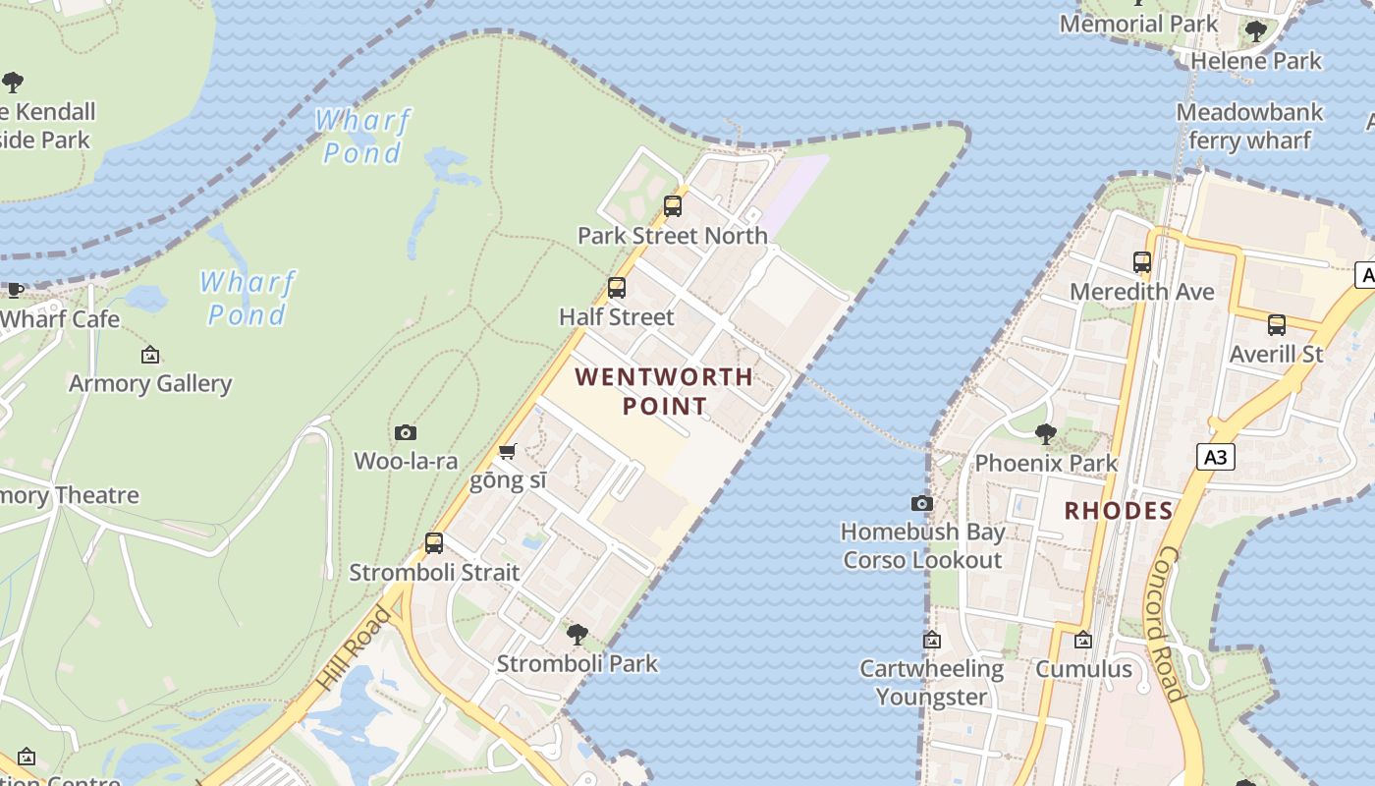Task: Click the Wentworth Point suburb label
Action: pyautogui.click(x=664, y=391)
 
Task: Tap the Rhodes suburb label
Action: pyautogui.click(x=1119, y=511)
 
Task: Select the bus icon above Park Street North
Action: pyautogui.click(x=673, y=206)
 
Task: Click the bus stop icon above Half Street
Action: pyautogui.click(x=617, y=288)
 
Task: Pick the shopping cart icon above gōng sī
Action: pyautogui.click(x=507, y=452)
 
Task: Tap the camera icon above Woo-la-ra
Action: pyautogui.click(x=406, y=432)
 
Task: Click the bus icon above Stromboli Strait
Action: pyautogui.click(x=434, y=543)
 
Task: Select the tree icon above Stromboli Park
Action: pyautogui.click(x=577, y=634)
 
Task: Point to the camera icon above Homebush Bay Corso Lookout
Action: pyautogui.click(x=921, y=503)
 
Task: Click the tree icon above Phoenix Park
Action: pyautogui.click(x=1046, y=433)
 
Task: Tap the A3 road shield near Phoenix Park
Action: pyautogui.click(x=1216, y=456)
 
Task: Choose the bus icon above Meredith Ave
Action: pyautogui.click(x=1142, y=262)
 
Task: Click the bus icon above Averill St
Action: pyautogui.click(x=1277, y=324)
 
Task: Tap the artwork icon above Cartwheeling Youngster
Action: pyautogui.click(x=931, y=641)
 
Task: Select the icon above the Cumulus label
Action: pyautogui.click(x=1083, y=641)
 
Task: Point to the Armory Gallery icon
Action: pyautogui.click(x=150, y=355)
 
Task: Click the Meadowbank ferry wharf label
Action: pyautogui.click(x=1249, y=126)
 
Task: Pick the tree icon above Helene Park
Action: pyautogui.click(x=1255, y=31)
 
